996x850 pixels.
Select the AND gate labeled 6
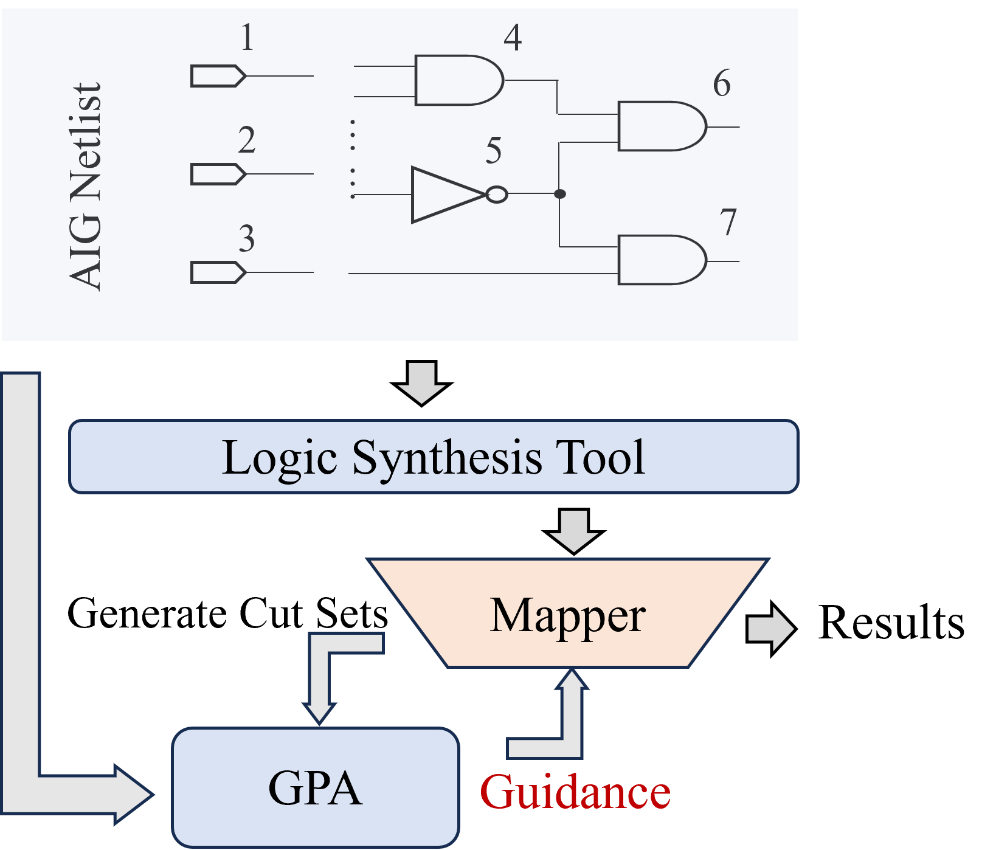point(660,126)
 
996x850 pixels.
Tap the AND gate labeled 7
point(660,260)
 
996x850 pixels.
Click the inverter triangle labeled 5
point(444,195)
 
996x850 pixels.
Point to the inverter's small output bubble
point(497,195)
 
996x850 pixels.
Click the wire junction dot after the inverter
point(560,194)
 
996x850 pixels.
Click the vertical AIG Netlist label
point(86,186)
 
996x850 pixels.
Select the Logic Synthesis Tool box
point(433,457)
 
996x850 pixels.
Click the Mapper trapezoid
point(567,614)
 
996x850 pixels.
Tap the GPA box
point(315,787)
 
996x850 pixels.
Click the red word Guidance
point(575,792)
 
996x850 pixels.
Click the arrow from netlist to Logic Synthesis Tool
point(421,382)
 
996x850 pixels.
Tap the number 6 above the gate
point(722,83)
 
